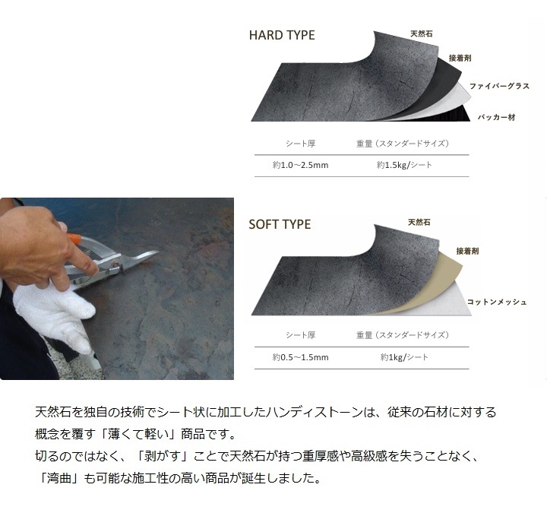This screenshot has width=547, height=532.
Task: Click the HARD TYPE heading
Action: click(282, 35)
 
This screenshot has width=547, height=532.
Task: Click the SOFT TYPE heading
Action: click(280, 225)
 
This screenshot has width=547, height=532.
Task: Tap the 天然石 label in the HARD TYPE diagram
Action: click(422, 34)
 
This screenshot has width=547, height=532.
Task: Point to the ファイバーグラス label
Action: click(499, 87)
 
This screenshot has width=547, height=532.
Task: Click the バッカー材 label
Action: click(498, 117)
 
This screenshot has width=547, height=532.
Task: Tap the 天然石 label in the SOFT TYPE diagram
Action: click(419, 223)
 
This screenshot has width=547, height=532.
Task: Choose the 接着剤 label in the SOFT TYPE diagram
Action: click(468, 251)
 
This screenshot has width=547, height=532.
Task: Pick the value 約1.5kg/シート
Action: click(405, 165)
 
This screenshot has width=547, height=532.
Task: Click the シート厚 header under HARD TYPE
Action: click(300, 143)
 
